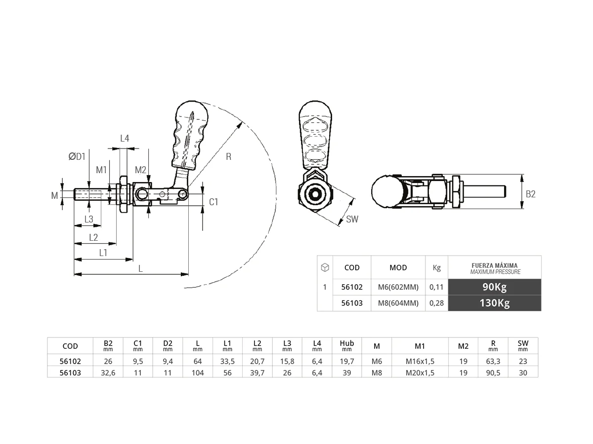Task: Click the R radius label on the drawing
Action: [x=228, y=157]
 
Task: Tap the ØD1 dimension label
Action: [x=77, y=156]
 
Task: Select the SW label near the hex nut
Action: [x=352, y=220]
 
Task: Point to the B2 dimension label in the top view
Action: [x=530, y=194]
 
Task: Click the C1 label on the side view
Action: [x=213, y=202]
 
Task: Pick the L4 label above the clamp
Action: [x=125, y=139]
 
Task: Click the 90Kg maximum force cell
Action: [x=494, y=287]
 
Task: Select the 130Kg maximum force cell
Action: [x=494, y=303]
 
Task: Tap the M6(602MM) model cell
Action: [x=398, y=287]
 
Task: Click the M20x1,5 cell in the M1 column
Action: [x=420, y=373]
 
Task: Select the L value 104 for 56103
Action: [x=198, y=373]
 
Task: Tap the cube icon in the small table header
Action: [x=325, y=267]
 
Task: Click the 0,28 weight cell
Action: [x=436, y=303]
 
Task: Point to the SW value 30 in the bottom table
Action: [x=523, y=373]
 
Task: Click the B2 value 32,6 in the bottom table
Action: [x=108, y=373]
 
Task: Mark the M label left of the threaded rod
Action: [x=55, y=196]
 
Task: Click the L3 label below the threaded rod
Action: [x=88, y=219]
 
